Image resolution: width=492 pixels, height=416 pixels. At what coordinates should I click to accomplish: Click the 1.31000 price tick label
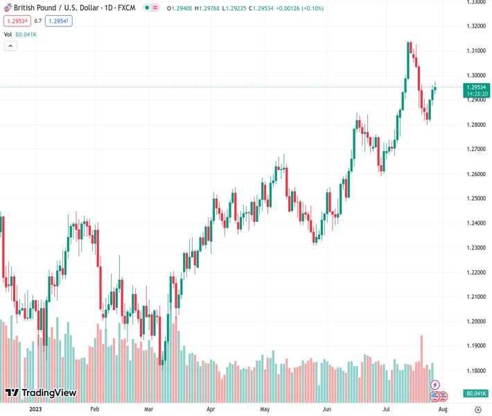(475, 51)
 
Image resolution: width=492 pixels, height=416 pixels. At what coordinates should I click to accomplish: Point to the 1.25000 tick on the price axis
(475, 198)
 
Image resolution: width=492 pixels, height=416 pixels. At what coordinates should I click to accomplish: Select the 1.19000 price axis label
(475, 346)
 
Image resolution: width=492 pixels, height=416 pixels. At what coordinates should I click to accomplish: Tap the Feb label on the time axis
(95, 410)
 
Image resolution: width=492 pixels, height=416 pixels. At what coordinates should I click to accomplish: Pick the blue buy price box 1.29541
(59, 21)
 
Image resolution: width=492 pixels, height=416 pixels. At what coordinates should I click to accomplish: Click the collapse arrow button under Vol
(10, 46)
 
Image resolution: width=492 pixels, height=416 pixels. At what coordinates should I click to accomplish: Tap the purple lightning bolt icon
(435, 385)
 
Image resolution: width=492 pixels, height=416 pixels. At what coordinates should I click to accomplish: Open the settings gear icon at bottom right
(477, 410)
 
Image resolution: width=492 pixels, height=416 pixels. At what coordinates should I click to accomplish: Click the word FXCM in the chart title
(125, 8)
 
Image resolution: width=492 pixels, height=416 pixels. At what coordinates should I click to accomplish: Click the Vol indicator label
(8, 34)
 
